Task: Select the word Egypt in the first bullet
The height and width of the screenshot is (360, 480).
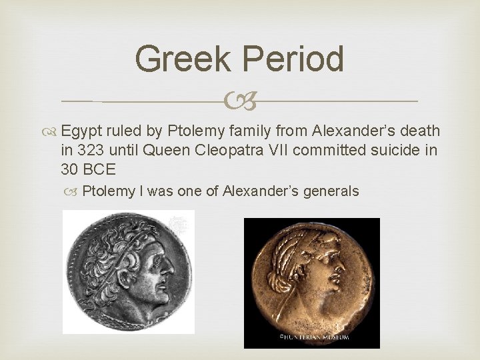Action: click(x=79, y=131)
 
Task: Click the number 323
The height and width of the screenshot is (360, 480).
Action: click(x=93, y=150)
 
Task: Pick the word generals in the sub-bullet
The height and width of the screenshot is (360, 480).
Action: click(x=331, y=192)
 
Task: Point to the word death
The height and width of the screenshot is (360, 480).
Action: click(x=420, y=131)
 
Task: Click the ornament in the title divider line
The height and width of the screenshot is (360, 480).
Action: click(x=240, y=102)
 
